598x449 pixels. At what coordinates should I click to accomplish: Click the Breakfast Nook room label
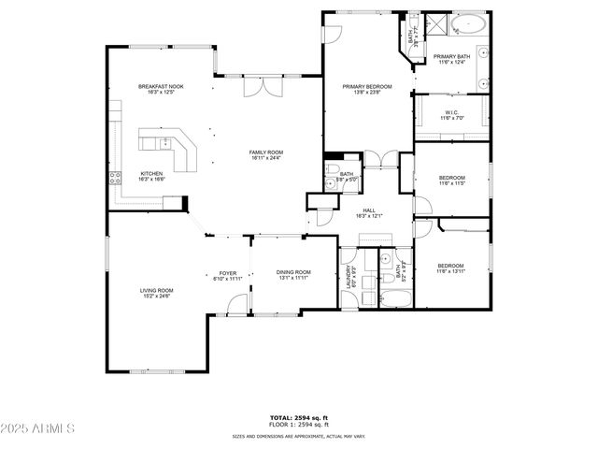pyautogui.click(x=161, y=87)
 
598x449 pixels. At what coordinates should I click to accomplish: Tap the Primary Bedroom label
pyautogui.click(x=366, y=87)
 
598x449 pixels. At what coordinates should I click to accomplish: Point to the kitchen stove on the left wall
pyautogui.click(x=115, y=176)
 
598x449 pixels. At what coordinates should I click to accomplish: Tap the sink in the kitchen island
pyautogui.click(x=164, y=142)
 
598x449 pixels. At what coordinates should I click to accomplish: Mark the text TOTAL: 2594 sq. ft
pyautogui.click(x=298, y=418)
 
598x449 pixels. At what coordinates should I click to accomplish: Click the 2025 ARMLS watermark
pyautogui.click(x=38, y=428)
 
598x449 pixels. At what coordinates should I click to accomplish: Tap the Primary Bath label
pyautogui.click(x=451, y=59)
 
